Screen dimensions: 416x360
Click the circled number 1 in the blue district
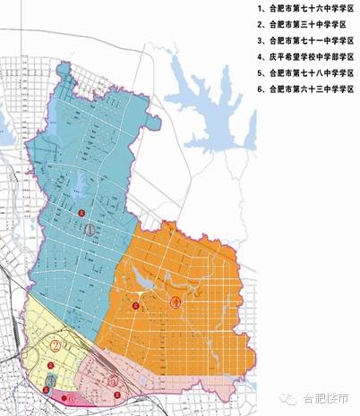coord(90,230)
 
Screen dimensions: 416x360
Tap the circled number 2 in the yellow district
coord(56,345)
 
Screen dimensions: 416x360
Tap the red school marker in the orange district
coord(136,306)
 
